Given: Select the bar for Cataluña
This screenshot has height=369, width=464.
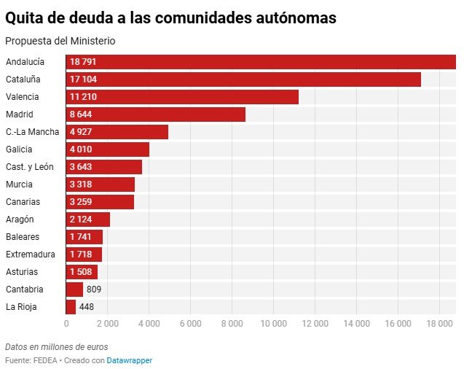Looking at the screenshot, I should [x=243, y=79].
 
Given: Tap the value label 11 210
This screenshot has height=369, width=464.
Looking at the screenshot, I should [x=84, y=97].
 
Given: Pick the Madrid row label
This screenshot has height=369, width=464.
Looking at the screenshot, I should [x=19, y=114].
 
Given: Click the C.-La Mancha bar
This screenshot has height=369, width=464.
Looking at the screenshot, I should [x=117, y=132].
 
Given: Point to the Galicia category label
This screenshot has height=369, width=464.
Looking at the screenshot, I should [x=19, y=149].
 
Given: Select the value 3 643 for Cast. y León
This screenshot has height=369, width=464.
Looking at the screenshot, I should [x=82, y=167].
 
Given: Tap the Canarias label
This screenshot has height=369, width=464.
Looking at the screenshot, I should [x=23, y=202].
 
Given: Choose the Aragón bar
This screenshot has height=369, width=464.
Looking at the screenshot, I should [x=88, y=220].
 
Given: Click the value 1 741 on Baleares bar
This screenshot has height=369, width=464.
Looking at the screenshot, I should [x=81, y=237].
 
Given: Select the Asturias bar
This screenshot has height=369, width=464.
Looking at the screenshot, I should [x=82, y=272].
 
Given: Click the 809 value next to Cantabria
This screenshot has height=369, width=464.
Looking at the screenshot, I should [x=94, y=290].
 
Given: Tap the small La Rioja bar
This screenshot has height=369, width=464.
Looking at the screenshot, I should [x=71, y=307].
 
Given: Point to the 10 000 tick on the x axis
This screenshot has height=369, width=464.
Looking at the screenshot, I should [x=274, y=324].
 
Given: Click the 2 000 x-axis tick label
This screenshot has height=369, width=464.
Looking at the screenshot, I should [x=107, y=324].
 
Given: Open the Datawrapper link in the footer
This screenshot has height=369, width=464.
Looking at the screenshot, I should [x=130, y=360].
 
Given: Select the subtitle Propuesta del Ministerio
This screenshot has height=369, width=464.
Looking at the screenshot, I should [x=60, y=41].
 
